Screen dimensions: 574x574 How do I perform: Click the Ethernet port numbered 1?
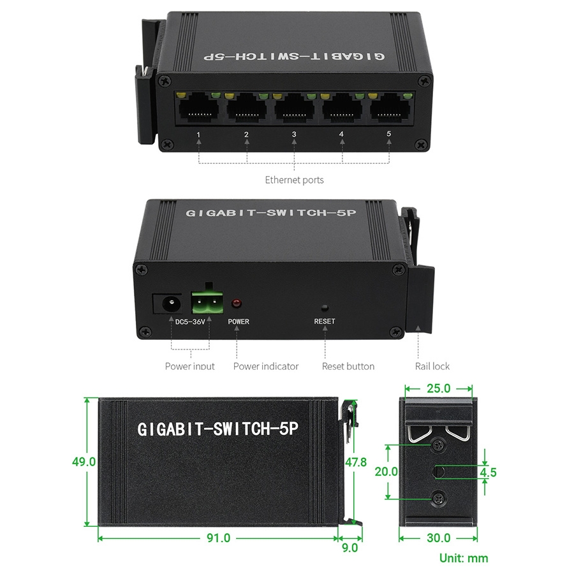tap(199, 107)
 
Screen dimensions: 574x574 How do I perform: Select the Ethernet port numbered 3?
tap(295, 108)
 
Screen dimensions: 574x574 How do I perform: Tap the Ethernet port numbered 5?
tap(390, 107)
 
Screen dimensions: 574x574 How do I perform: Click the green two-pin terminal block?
tap(207, 303)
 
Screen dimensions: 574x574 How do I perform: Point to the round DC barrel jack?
tap(170, 304)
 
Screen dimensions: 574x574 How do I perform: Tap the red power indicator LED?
tap(237, 303)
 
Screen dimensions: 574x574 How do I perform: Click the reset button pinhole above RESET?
tap(325, 307)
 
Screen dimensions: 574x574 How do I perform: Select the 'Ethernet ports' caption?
tap(294, 180)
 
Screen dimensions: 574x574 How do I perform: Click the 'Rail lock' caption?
tap(432, 366)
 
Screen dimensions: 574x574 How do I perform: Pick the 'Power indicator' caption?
tap(266, 366)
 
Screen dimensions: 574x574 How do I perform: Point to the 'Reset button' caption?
tap(348, 366)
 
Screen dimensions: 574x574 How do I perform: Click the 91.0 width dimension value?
tap(219, 538)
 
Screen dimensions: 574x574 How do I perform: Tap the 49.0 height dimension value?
tap(84, 462)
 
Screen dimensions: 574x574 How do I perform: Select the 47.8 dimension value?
tap(356, 462)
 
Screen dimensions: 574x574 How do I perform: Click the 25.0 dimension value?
tap(439, 388)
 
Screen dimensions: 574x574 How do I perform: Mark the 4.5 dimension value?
tap(489, 472)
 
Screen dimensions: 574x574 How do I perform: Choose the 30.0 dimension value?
tap(439, 538)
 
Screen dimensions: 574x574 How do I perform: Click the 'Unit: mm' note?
tap(464, 558)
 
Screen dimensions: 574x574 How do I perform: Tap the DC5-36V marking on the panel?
tap(190, 322)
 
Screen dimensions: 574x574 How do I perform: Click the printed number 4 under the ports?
tap(342, 134)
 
